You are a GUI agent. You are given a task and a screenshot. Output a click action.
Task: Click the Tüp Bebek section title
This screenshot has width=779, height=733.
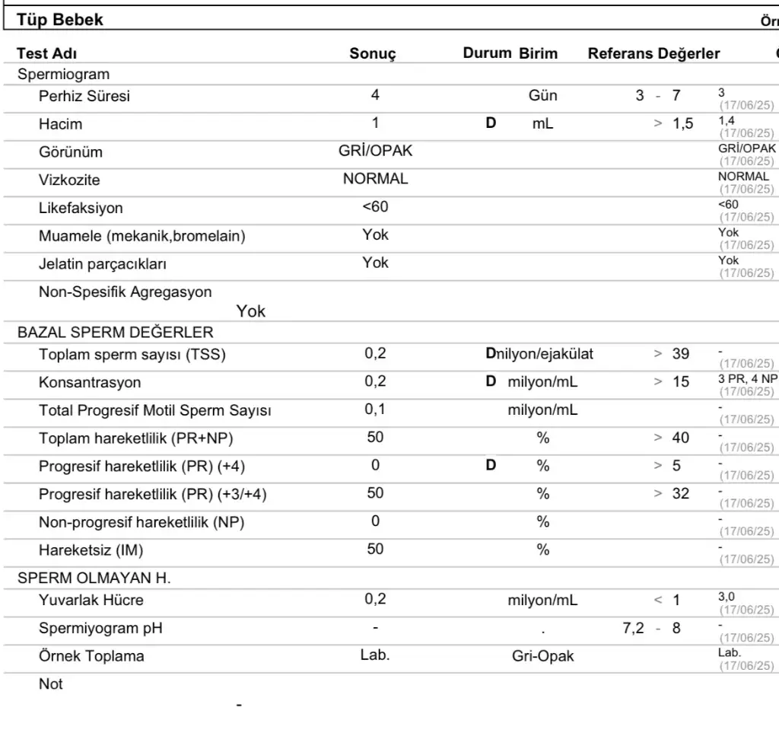[x=60, y=21]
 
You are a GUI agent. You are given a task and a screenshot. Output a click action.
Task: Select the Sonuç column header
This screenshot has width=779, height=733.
[x=373, y=54]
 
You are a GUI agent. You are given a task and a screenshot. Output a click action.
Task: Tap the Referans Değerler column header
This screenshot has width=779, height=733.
[x=653, y=54]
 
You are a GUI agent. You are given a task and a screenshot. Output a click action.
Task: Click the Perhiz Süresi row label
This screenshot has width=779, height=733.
[x=84, y=97]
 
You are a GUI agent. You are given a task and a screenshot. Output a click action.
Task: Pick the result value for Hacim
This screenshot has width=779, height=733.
[x=375, y=123]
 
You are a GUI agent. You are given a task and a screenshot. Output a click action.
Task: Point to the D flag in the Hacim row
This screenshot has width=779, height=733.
[x=491, y=123]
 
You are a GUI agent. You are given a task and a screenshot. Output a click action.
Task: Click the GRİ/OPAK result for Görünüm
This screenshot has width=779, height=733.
[x=375, y=151]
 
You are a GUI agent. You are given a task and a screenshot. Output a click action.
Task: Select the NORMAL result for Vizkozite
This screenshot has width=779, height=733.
[x=375, y=179]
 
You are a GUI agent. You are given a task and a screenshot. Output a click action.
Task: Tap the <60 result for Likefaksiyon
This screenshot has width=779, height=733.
[x=375, y=207]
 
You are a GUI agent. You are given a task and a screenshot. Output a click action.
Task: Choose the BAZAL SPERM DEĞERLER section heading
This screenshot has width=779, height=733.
[x=116, y=332]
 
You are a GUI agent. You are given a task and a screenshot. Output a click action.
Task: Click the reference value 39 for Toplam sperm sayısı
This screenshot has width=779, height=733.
[x=681, y=353]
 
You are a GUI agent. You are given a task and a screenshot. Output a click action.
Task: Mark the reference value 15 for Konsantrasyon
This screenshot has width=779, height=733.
[x=681, y=381]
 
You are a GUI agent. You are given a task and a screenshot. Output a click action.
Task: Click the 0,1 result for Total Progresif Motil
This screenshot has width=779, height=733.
[x=375, y=410]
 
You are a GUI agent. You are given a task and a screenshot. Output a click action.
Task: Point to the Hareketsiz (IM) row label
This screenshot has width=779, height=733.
[x=92, y=550]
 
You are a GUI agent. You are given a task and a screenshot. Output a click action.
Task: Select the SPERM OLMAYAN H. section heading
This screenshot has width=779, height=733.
[x=94, y=578]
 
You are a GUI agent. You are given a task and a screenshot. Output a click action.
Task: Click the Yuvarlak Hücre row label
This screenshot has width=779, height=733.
[x=91, y=600]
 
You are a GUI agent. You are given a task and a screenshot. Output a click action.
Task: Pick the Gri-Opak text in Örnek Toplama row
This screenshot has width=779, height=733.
[x=542, y=656]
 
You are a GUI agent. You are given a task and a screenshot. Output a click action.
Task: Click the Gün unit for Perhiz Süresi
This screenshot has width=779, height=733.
[x=542, y=96]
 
